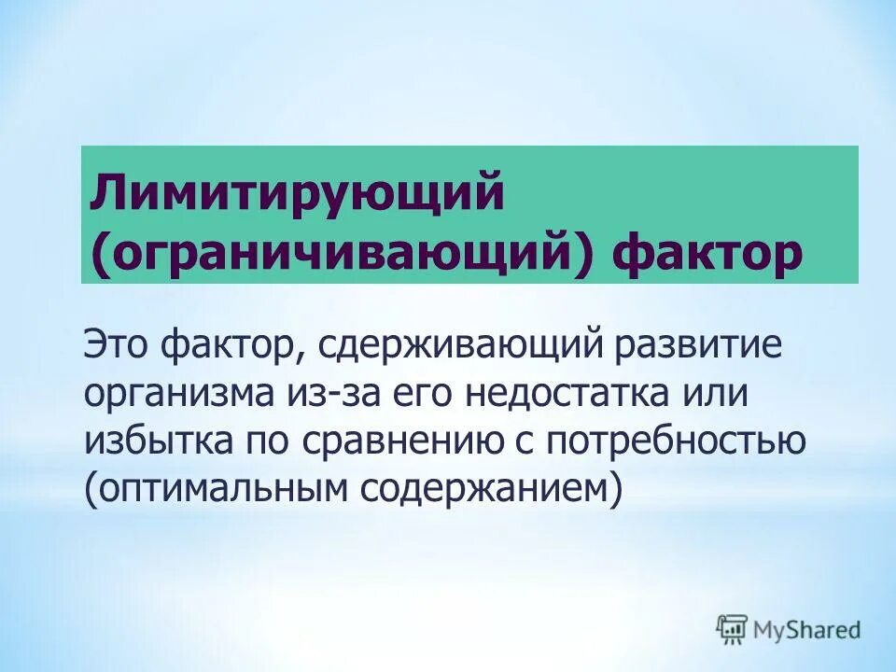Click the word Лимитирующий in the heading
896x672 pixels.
297,194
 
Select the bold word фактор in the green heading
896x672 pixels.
707,252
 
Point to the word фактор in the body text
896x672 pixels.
228,346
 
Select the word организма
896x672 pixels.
175,393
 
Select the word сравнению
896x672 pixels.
397,440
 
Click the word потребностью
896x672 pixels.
676,440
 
